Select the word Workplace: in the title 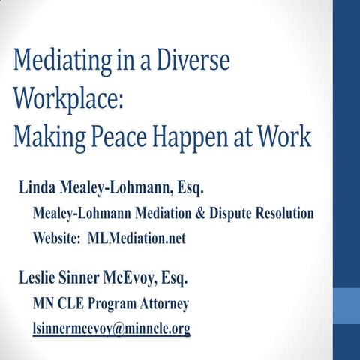(61, 99)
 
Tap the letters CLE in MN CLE (70, 304)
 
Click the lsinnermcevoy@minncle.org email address (111, 328)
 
